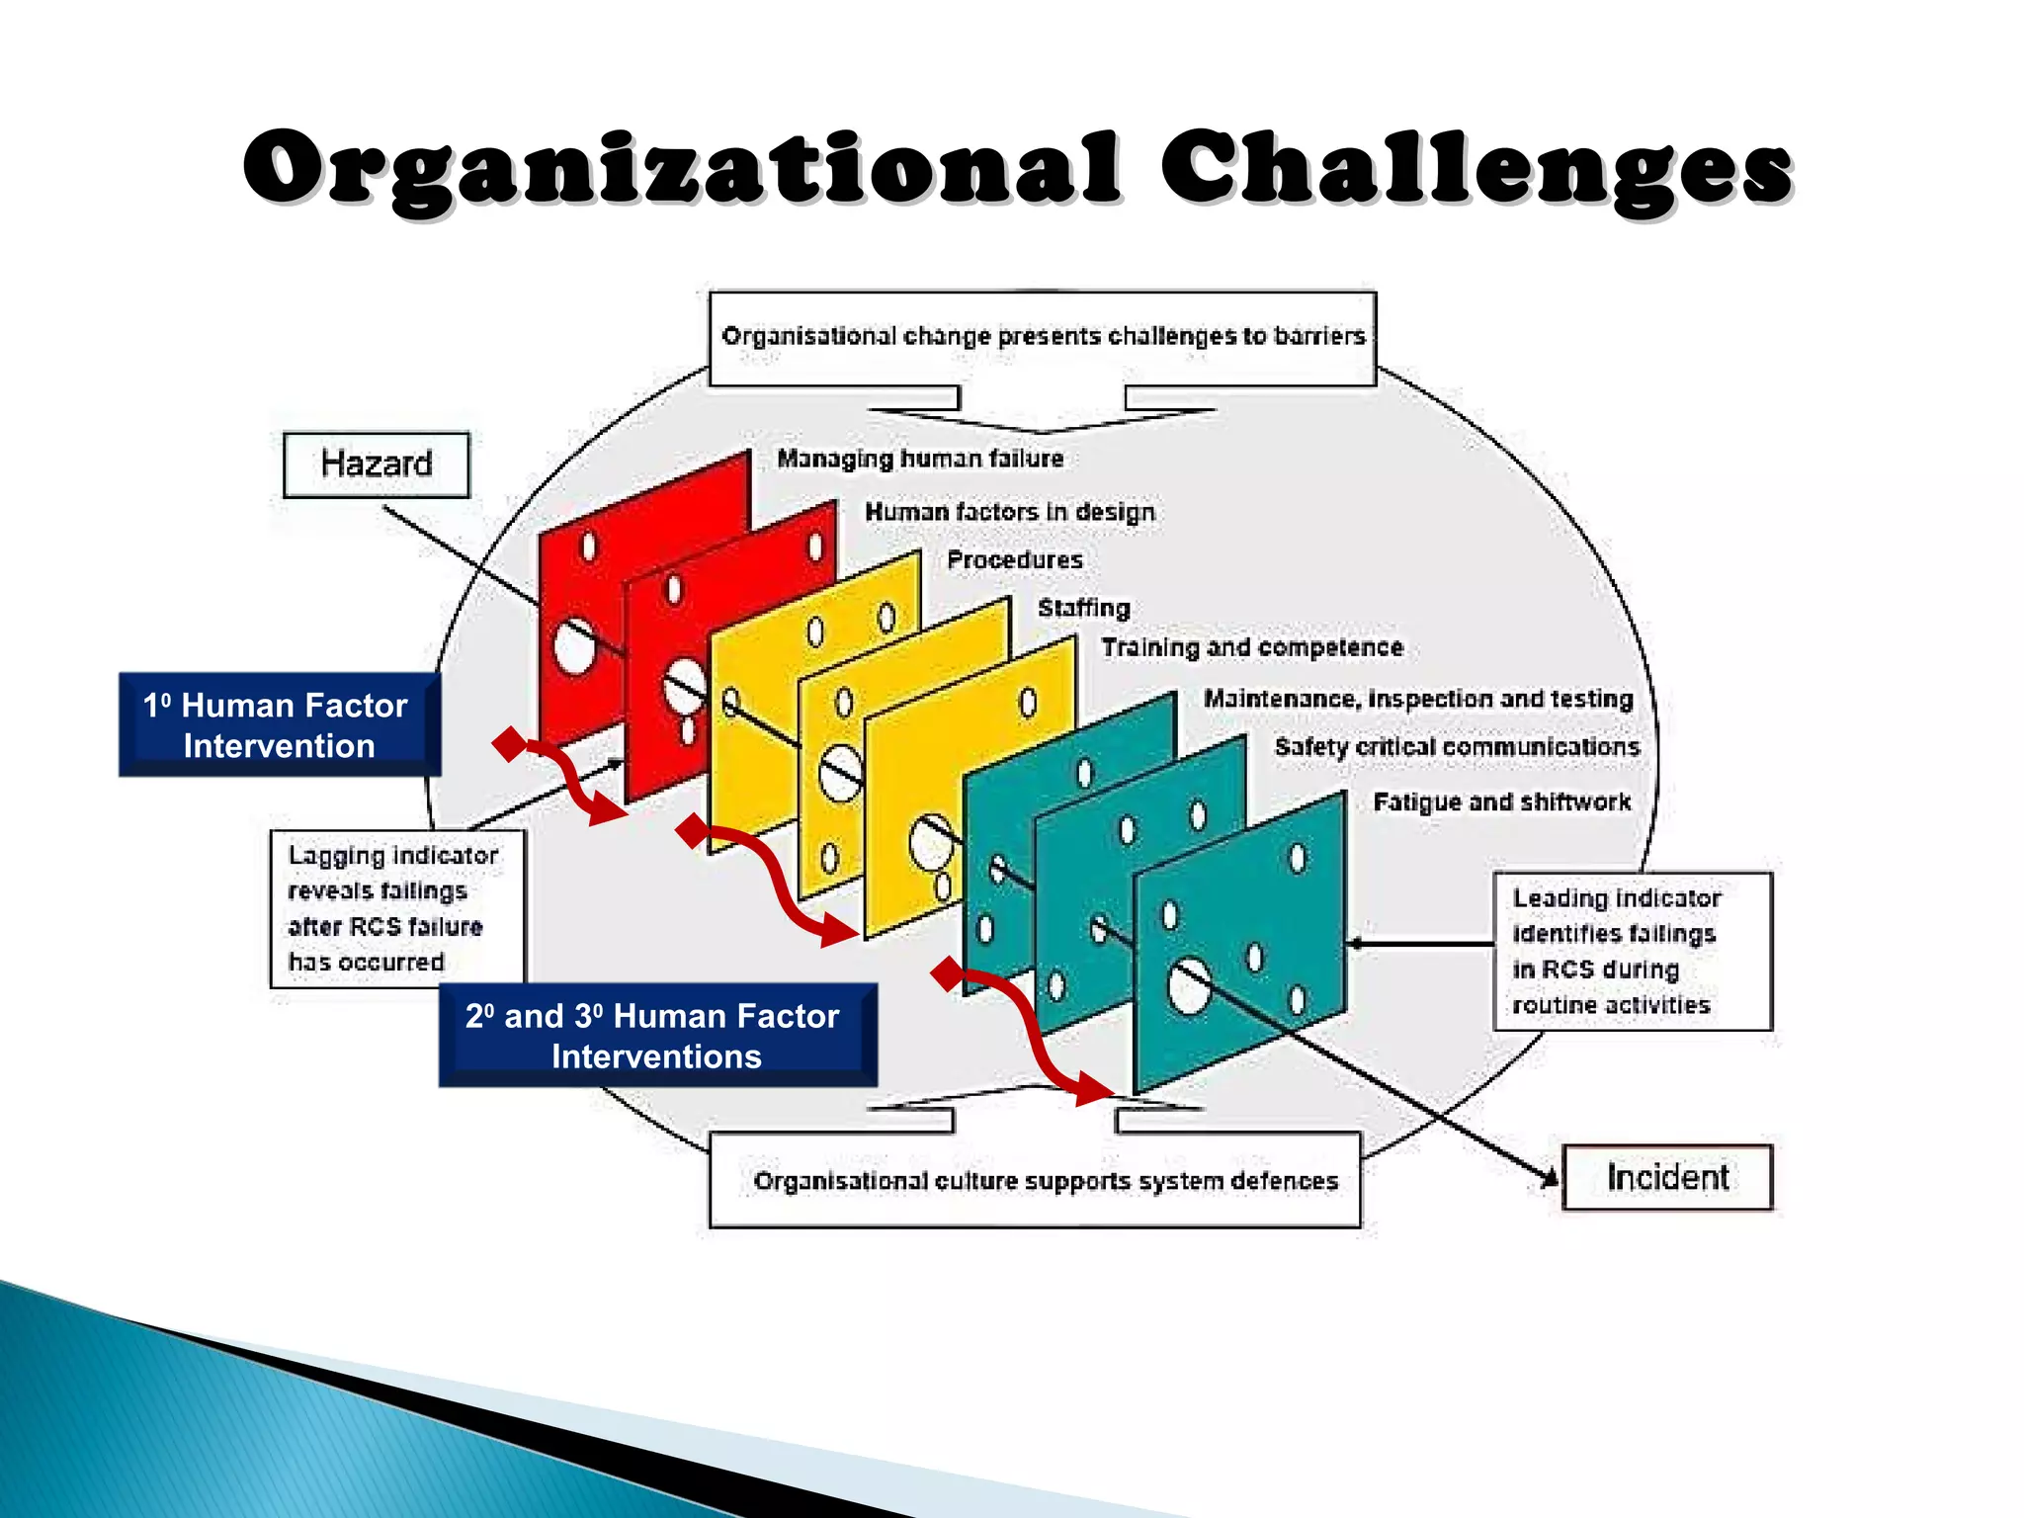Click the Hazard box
[376, 464]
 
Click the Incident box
[1666, 1177]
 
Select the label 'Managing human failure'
[919, 459]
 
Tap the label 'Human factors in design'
[1009, 512]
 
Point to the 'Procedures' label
[1014, 560]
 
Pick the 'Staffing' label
[1083, 608]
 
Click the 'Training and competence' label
[1251, 647]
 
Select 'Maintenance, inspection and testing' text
[1417, 699]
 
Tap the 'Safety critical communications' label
[1456, 747]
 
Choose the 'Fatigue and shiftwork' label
[1501, 801]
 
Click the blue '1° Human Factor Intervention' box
[278, 725]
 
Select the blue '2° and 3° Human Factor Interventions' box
[656, 1036]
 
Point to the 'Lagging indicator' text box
[395, 908]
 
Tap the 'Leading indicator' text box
[1631, 951]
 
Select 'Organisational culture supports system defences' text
[1045, 1181]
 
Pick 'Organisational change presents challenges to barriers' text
[1043, 336]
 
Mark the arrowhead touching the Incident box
[1550, 1176]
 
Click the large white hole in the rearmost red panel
[574, 647]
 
